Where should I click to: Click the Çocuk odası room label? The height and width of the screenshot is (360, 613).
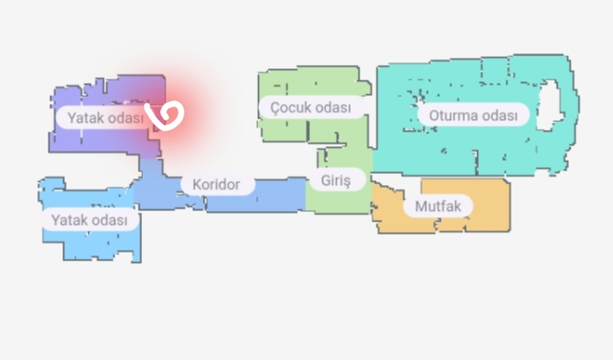coord(311,107)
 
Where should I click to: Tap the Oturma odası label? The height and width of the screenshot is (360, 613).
coord(474,115)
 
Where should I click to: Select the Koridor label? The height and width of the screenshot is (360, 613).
coord(216,184)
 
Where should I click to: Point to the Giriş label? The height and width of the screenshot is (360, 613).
coord(336,180)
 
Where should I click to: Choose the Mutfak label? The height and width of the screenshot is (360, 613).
coord(438,206)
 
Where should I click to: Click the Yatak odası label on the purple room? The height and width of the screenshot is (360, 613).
coord(106,118)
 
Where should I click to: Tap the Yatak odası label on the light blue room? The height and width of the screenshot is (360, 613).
coord(89,220)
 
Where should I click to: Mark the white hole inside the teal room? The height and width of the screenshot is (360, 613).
coord(551,105)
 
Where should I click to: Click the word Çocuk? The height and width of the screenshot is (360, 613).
coord(288,107)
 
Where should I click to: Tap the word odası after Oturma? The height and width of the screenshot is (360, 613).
coord(500,115)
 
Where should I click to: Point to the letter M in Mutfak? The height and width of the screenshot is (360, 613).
coord(421,206)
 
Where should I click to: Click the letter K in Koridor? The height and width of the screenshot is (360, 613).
coord(197,184)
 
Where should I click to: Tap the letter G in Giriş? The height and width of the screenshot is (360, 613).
coord(326,180)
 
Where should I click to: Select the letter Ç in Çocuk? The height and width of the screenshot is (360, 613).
coord(275,108)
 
